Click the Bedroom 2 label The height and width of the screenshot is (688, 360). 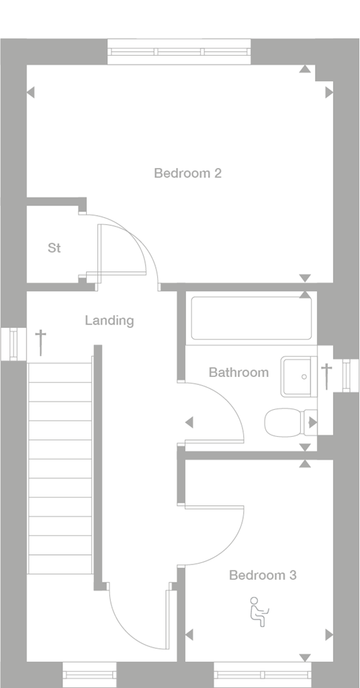187,173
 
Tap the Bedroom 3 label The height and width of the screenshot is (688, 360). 263,575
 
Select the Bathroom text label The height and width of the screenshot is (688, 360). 238,372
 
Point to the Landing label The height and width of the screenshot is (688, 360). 109,320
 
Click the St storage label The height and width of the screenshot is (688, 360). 54,248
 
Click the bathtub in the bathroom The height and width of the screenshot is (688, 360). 252,318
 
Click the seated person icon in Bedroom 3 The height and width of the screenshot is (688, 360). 259,611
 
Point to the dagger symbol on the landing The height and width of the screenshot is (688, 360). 41,341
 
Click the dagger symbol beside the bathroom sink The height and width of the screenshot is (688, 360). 326,376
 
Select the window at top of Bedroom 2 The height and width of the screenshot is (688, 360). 179,51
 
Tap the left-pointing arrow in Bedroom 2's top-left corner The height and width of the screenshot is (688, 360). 30,93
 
